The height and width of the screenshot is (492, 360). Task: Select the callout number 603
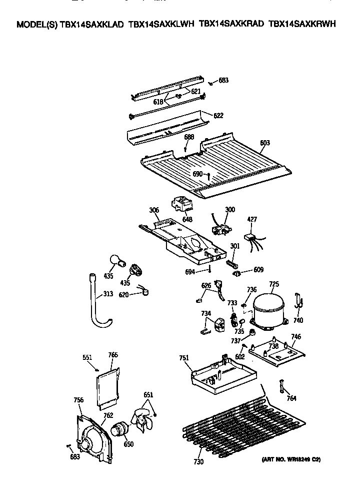pyautogui.click(x=265, y=143)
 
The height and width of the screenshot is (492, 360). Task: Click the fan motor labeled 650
pyautogui.click(x=119, y=430)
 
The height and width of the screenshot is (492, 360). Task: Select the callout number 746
pyautogui.click(x=296, y=337)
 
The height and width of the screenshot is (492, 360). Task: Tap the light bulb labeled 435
pyautogui.click(x=116, y=261)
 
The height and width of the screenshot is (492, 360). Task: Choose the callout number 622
pyautogui.click(x=218, y=116)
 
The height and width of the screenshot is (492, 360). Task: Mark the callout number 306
pyautogui.click(x=153, y=210)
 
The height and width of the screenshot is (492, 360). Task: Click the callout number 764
pyautogui.click(x=291, y=398)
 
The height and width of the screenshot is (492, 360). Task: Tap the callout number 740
pyautogui.click(x=298, y=321)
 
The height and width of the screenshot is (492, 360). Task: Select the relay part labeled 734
pyautogui.click(x=219, y=327)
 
